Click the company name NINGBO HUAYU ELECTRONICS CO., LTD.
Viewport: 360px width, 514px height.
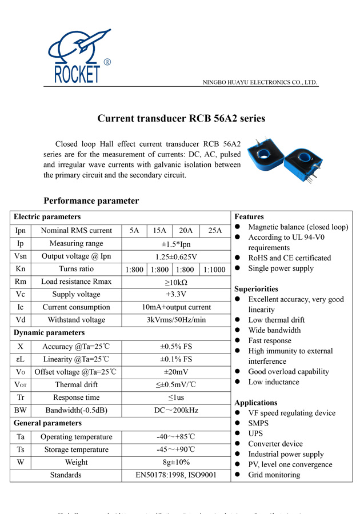click(x=260, y=83)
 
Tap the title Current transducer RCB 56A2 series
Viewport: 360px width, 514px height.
click(x=181, y=119)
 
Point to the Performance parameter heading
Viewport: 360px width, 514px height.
click(x=91, y=201)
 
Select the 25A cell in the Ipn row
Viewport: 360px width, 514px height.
click(x=215, y=231)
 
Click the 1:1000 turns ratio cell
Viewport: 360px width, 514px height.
click(x=215, y=270)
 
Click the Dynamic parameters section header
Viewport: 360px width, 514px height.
click(x=49, y=332)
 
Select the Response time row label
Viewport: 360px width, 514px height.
click(x=77, y=397)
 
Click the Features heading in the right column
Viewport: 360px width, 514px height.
click(x=249, y=217)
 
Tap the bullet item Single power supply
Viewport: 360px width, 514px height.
click(x=281, y=268)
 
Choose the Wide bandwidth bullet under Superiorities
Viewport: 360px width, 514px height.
click(x=274, y=330)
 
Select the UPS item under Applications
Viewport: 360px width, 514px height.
click(x=255, y=433)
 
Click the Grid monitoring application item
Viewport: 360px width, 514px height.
click(x=274, y=475)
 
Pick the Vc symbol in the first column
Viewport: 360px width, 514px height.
click(x=20, y=295)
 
